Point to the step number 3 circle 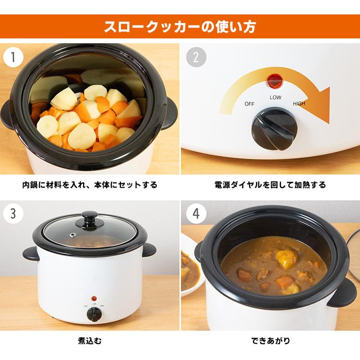click(x=14, y=214)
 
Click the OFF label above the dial click(x=250, y=104)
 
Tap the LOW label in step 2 click(x=276, y=97)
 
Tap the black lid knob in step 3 click(x=89, y=218)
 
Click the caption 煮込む click(x=89, y=342)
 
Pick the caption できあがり click(x=270, y=342)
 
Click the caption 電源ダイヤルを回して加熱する click(x=270, y=185)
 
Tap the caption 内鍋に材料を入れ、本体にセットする click(x=89, y=185)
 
